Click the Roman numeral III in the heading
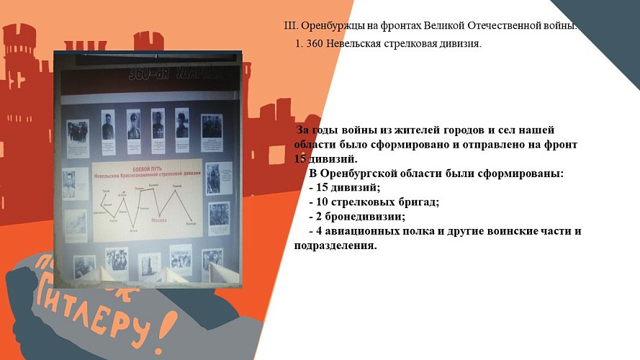tap(291, 26)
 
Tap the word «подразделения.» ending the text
tap(335, 245)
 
